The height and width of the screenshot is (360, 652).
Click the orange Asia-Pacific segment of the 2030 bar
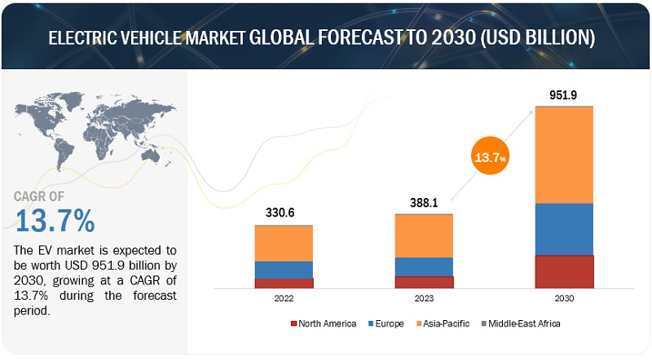click(564, 155)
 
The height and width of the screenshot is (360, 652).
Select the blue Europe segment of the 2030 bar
click(564, 229)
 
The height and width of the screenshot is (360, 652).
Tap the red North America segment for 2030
click(564, 271)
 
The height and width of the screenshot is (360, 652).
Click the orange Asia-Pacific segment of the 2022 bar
click(284, 243)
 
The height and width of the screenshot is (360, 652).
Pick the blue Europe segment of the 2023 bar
click(424, 266)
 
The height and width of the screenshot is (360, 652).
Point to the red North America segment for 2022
click(284, 283)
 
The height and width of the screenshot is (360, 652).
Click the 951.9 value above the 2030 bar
click(564, 95)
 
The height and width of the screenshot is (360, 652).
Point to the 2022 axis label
click(284, 300)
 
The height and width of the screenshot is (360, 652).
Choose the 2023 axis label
click(424, 300)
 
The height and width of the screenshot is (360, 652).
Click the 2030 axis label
click(564, 300)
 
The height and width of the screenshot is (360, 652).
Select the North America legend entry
click(324, 323)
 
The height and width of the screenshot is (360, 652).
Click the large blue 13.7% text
click(55, 221)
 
